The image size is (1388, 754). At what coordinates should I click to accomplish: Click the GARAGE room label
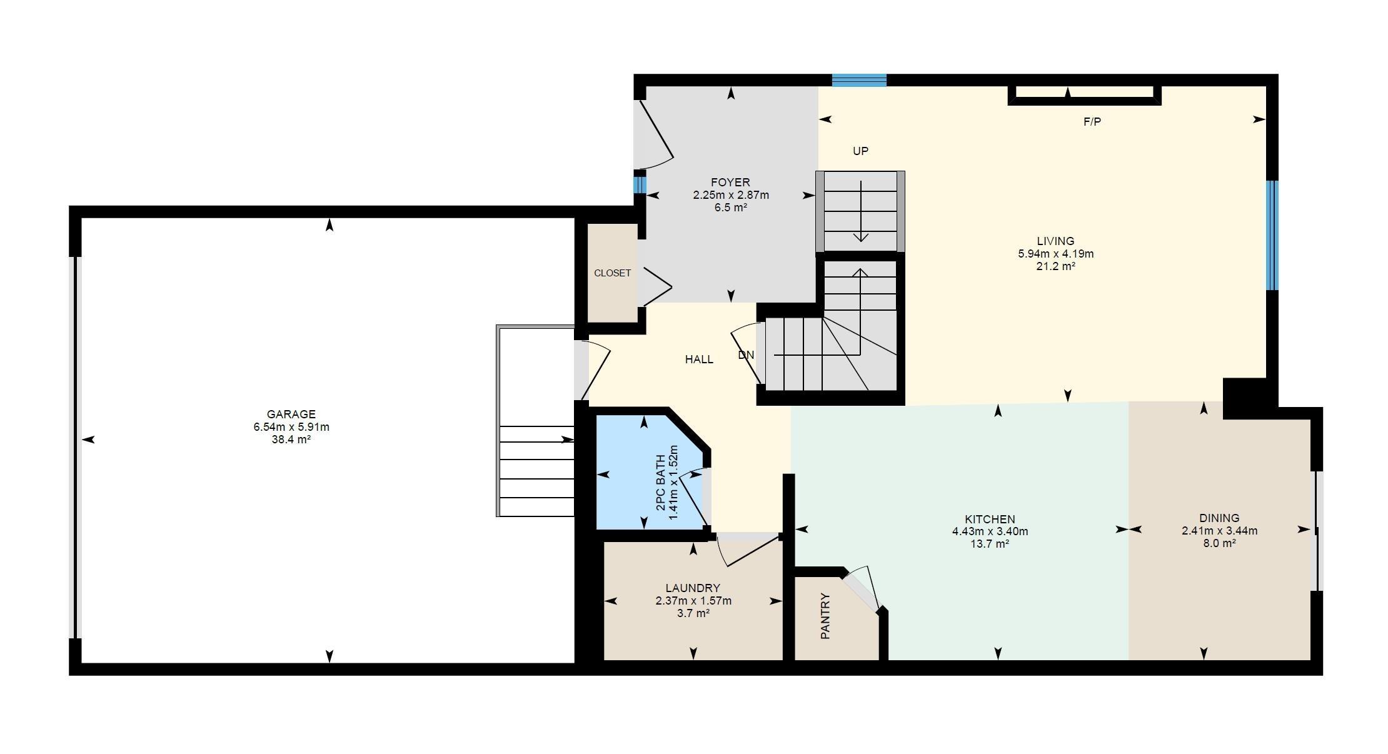click(x=291, y=414)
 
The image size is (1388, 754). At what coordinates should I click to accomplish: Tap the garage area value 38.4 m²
click(x=291, y=440)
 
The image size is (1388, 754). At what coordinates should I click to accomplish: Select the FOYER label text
click(x=730, y=182)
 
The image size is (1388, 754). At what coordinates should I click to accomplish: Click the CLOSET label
click(x=612, y=273)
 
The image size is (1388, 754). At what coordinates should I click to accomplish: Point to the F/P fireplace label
click(x=1092, y=123)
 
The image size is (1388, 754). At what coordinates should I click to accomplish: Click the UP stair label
click(x=860, y=151)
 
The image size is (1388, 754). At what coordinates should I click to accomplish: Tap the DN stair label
click(x=746, y=355)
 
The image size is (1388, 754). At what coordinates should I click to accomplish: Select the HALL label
click(x=699, y=359)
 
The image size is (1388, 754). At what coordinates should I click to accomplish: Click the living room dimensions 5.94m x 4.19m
click(x=1055, y=254)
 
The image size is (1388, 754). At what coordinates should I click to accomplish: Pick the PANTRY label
click(x=825, y=616)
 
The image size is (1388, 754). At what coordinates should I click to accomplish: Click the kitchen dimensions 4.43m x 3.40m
click(x=990, y=532)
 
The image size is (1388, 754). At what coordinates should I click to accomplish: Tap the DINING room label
click(x=1219, y=518)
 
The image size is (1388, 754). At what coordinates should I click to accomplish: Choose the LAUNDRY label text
click(x=693, y=588)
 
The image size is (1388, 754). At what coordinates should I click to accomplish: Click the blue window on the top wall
click(x=859, y=80)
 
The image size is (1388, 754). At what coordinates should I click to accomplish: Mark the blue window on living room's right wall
click(x=1272, y=235)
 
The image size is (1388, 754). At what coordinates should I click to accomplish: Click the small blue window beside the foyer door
click(x=639, y=185)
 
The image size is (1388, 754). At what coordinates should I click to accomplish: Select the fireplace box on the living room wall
click(x=1084, y=94)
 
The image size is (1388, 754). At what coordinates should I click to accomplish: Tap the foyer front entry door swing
click(x=654, y=134)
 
